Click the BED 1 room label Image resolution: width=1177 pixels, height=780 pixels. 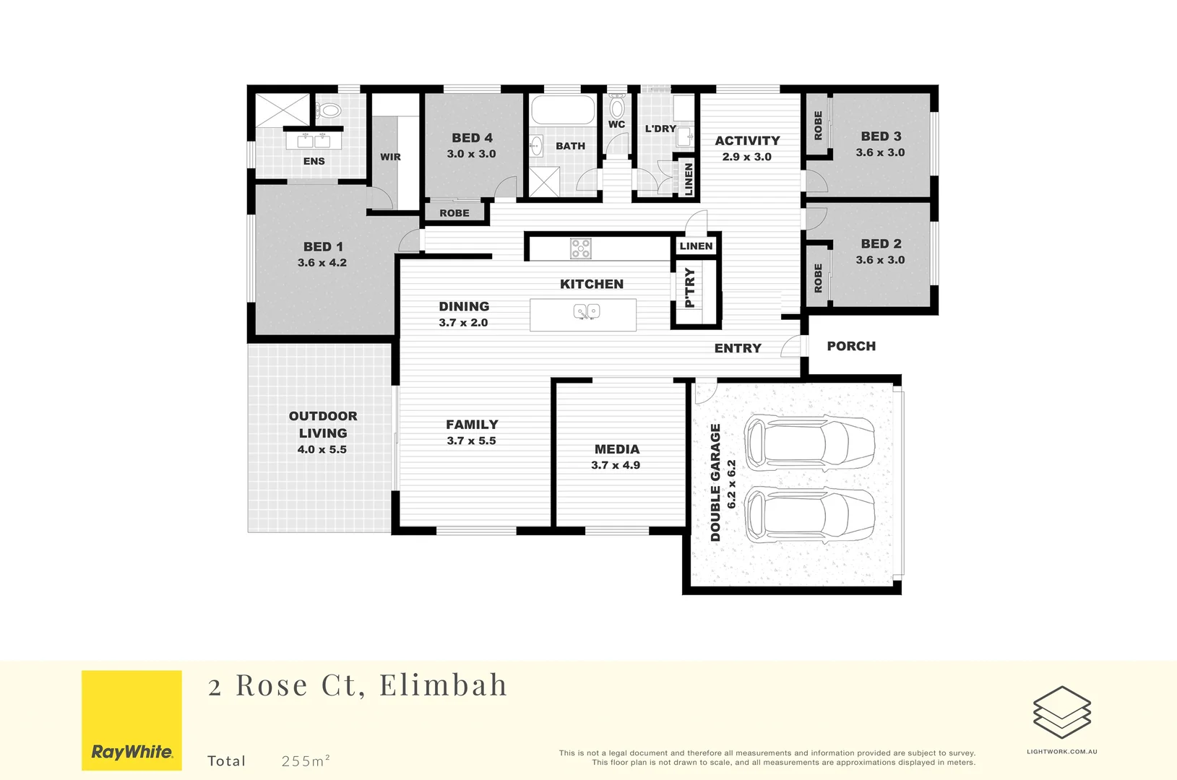click(323, 247)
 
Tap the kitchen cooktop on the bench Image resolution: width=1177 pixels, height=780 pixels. click(581, 248)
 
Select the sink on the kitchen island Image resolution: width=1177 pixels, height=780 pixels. click(586, 312)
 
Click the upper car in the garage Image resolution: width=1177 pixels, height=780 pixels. click(809, 442)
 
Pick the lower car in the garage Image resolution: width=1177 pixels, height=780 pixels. click(809, 515)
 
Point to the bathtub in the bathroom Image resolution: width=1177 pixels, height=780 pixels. click(563, 110)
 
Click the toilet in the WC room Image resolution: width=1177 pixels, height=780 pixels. click(616, 107)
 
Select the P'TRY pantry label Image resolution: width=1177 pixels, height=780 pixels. click(690, 287)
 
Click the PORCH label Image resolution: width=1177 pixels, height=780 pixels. click(851, 347)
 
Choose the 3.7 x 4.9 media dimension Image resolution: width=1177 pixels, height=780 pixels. click(616, 465)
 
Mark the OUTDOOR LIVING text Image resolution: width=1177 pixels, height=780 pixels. click(323, 425)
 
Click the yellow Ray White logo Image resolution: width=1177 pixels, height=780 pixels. click(132, 720)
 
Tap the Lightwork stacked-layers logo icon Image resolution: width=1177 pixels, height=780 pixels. click(1061, 712)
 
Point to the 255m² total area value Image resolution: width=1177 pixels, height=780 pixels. click(306, 760)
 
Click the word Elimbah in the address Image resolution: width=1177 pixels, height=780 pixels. click(443, 685)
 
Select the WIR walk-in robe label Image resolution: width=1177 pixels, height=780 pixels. click(390, 157)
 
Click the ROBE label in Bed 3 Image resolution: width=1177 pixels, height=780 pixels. click(818, 125)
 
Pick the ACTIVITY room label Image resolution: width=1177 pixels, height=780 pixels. click(747, 141)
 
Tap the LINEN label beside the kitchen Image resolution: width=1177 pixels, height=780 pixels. click(696, 246)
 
